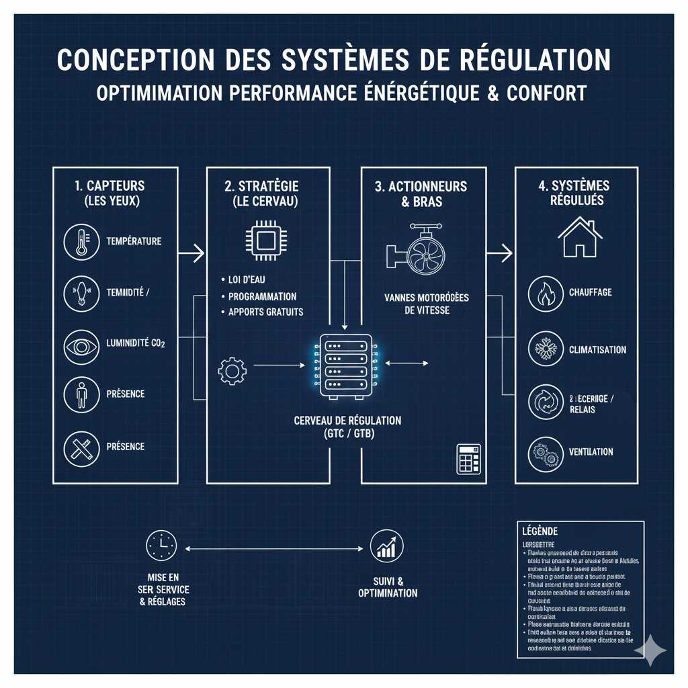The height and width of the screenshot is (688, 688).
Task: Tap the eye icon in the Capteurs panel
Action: (81, 343)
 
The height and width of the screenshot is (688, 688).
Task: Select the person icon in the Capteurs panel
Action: (81, 394)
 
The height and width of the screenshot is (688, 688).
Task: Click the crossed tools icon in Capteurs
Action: (81, 447)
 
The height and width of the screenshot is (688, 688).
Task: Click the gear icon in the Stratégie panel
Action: (232, 370)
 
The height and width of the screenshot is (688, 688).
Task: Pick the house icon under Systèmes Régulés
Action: (580, 238)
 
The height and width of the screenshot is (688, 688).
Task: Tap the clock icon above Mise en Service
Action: (161, 546)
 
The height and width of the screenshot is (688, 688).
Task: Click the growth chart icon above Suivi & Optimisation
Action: (387, 546)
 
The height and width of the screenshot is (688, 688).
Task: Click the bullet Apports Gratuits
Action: (265, 312)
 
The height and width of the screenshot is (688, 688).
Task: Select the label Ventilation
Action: (591, 451)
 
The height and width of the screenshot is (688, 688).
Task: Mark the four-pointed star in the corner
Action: (650, 650)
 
